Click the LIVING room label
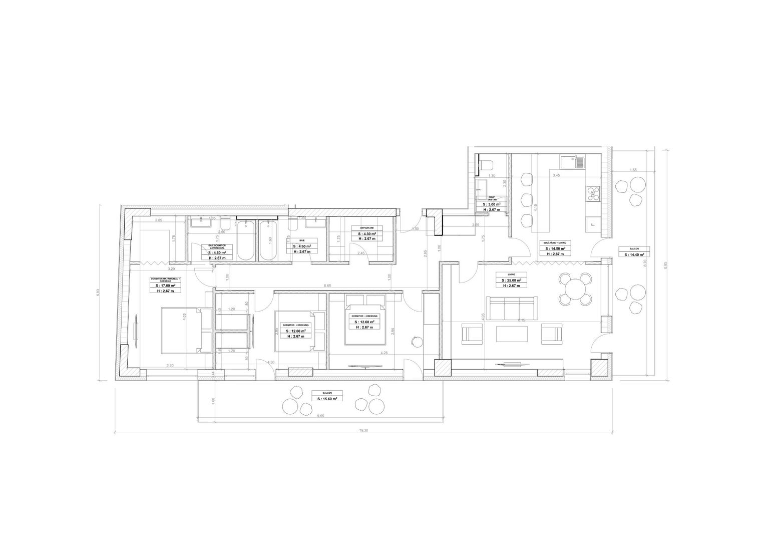point(512,275)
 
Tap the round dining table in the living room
point(574,289)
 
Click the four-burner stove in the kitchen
point(592,193)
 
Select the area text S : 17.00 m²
point(167,285)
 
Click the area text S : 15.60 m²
point(327,399)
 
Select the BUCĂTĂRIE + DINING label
point(555,242)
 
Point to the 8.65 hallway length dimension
point(327,286)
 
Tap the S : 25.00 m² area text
point(512,280)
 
